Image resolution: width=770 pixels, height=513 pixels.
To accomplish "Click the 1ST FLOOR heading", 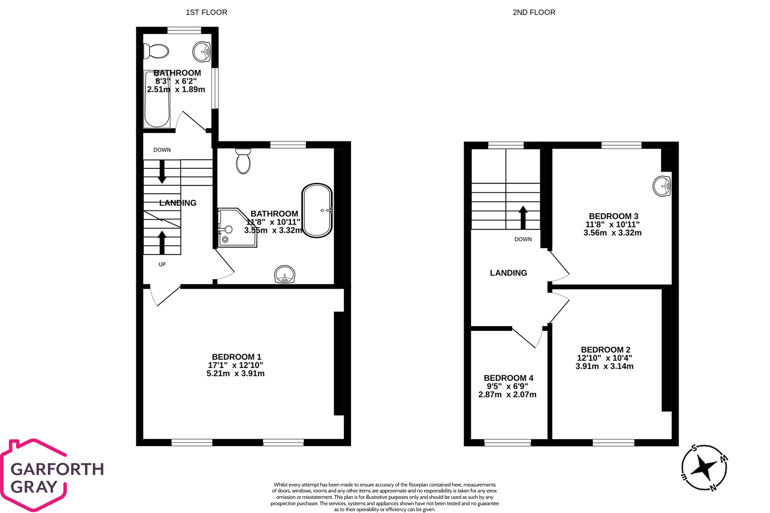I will (x=206, y=12).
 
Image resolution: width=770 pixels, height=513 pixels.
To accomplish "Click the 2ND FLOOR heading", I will (x=534, y=12).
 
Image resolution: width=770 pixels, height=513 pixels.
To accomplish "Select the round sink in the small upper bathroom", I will (x=202, y=51).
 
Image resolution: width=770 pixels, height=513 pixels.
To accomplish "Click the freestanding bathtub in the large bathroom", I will (x=317, y=210).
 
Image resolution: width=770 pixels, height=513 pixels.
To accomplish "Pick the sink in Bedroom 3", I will (x=662, y=186).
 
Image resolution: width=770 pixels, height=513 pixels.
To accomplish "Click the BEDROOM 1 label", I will (x=237, y=357).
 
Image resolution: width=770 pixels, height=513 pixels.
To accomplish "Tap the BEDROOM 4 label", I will (x=508, y=378).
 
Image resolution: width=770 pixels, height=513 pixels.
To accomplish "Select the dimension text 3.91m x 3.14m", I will (x=604, y=366).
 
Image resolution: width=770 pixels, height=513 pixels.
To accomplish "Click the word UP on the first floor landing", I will (x=162, y=265).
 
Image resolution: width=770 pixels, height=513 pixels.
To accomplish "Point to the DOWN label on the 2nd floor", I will (x=523, y=239).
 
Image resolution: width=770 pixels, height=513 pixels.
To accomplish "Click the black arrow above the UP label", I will (x=162, y=242).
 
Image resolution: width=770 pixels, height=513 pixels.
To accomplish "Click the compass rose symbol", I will (x=704, y=468).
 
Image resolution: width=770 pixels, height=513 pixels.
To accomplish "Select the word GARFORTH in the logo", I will (x=57, y=469).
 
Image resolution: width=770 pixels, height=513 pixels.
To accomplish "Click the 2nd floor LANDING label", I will (x=508, y=273).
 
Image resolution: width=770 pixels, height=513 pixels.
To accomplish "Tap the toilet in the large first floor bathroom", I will (x=243, y=161).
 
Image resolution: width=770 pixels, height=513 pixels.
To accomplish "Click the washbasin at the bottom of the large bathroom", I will (x=284, y=274).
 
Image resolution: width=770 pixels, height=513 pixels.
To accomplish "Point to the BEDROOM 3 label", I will (x=614, y=216).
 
